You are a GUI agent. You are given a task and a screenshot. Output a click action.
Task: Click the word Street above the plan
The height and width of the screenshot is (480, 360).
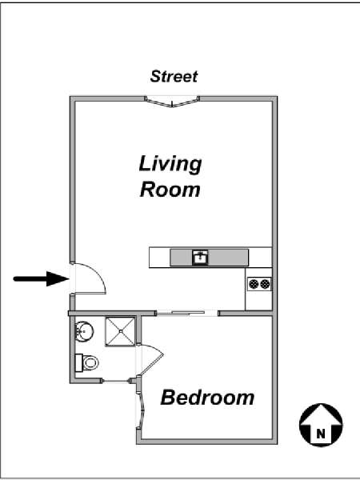click(174, 77)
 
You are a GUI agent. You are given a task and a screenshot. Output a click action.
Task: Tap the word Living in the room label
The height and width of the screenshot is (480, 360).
click(170, 164)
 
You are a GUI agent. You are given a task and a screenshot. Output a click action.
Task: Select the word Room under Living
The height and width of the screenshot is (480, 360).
click(170, 190)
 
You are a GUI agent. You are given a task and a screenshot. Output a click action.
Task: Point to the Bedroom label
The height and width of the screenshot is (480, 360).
click(207, 398)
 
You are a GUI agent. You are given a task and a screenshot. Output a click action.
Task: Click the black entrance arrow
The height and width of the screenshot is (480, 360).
click(41, 278)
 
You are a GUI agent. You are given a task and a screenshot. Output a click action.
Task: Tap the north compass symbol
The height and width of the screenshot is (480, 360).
click(321, 425)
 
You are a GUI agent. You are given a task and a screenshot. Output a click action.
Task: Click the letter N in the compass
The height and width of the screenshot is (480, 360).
click(321, 434)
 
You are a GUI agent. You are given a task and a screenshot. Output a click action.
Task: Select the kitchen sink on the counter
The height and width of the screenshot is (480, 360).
click(200, 258)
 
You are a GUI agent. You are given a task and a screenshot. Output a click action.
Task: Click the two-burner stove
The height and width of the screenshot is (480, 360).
click(259, 284)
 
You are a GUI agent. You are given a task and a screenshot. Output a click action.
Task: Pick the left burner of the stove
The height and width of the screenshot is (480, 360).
click(254, 284)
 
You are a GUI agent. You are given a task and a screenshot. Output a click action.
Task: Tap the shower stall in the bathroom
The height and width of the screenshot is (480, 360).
click(120, 331)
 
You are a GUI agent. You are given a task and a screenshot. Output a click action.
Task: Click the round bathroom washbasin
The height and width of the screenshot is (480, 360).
click(84, 331)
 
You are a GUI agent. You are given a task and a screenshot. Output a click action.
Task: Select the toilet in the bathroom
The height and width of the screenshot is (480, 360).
click(86, 362)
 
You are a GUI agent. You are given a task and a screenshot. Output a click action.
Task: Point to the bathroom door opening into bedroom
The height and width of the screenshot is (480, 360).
click(150, 360)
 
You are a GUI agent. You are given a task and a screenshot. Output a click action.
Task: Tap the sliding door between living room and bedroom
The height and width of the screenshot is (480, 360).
click(186, 313)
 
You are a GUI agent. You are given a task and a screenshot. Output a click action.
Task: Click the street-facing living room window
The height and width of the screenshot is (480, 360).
click(172, 102)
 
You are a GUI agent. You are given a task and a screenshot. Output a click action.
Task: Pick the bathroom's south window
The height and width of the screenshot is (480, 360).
click(116, 381)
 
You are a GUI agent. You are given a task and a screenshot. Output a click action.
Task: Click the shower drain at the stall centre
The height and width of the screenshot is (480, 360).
click(121, 331)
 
